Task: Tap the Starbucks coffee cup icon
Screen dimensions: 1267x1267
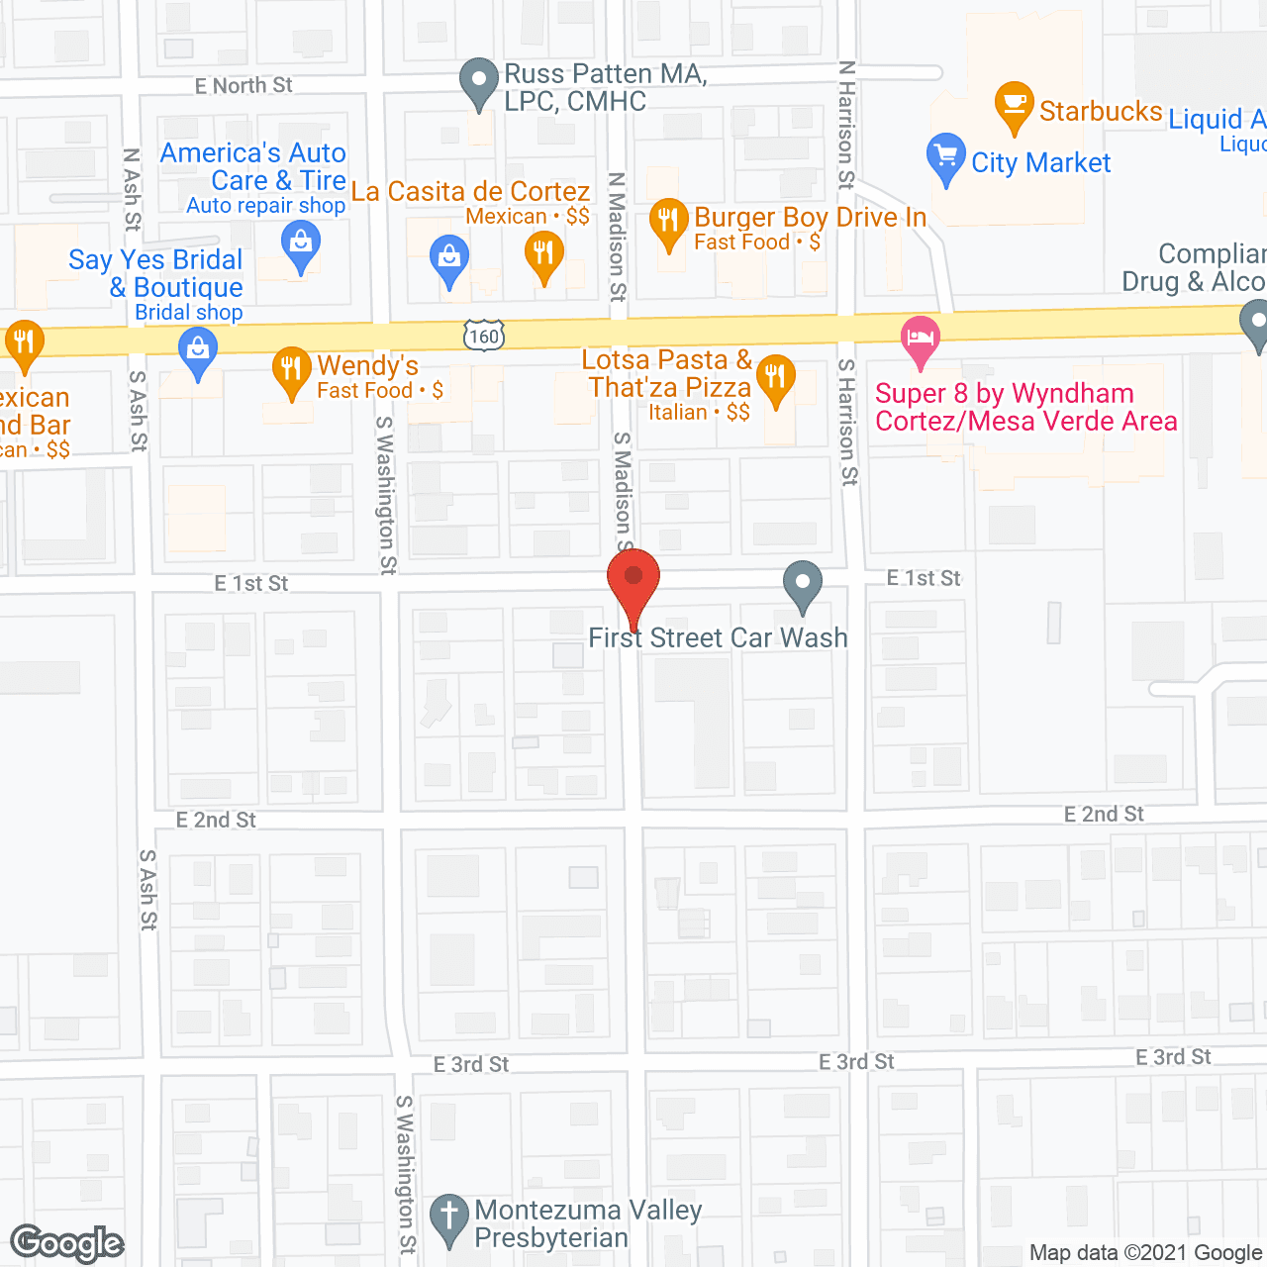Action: (x=1014, y=103)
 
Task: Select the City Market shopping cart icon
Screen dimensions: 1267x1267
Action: (x=946, y=156)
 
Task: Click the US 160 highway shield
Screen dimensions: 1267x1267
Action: (x=484, y=336)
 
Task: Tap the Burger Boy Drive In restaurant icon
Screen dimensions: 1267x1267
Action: (x=669, y=222)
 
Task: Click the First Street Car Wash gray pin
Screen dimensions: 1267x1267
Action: (x=803, y=583)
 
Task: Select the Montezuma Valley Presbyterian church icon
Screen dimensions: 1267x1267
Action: (x=449, y=1217)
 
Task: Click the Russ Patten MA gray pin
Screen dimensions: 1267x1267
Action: (x=480, y=81)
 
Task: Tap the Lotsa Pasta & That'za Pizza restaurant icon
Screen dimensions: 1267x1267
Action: (x=776, y=377)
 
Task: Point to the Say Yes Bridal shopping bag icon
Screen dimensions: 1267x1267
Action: (x=198, y=350)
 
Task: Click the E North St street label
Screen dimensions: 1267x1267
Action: (x=244, y=86)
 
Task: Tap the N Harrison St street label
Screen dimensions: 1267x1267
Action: (x=846, y=124)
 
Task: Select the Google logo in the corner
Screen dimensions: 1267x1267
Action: (x=67, y=1242)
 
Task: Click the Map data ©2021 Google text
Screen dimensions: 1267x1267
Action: (x=1146, y=1252)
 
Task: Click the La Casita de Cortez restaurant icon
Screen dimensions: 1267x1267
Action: (x=543, y=254)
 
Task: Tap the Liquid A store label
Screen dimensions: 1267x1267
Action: (x=1217, y=120)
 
